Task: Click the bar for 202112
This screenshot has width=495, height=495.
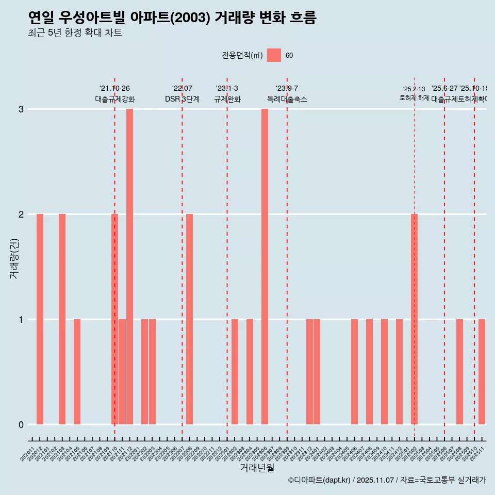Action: pyautogui.click(x=129, y=267)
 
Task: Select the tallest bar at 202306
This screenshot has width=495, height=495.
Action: pyautogui.click(x=265, y=267)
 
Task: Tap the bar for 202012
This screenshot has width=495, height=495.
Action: pyautogui.click(x=40, y=319)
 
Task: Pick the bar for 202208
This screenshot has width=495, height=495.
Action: pyautogui.click(x=190, y=319)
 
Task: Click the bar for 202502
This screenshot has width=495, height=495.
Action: pyautogui.click(x=414, y=319)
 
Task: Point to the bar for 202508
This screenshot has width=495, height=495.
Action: pyautogui.click(x=459, y=372)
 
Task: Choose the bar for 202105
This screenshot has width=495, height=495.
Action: pyautogui.click(x=77, y=372)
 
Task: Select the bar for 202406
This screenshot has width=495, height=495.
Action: pyautogui.click(x=354, y=372)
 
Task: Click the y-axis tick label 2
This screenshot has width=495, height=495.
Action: pyautogui.click(x=21, y=214)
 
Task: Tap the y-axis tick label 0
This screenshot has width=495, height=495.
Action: pyautogui.click(x=21, y=425)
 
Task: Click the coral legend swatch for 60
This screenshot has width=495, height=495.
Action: pyautogui.click(x=274, y=55)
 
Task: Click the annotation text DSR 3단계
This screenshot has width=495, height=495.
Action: pyautogui.click(x=182, y=99)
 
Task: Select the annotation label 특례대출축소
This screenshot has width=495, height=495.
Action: pyautogui.click(x=287, y=99)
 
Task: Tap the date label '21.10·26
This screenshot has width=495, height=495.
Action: pyautogui.click(x=114, y=89)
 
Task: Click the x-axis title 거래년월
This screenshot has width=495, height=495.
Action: pyautogui.click(x=257, y=468)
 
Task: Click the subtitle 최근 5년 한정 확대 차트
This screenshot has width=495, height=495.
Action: pyautogui.click(x=75, y=33)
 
